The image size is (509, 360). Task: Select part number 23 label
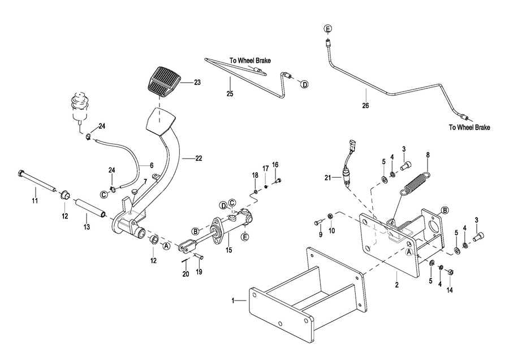pyautogui.click(x=197, y=83)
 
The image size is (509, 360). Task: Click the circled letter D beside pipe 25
pyautogui.click(x=304, y=84)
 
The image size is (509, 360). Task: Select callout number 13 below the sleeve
pyautogui.click(x=87, y=228)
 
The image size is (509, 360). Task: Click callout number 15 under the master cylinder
pyautogui.click(x=229, y=249)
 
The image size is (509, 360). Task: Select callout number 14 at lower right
pyautogui.click(x=450, y=290)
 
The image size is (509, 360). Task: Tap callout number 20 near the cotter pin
pyautogui.click(x=184, y=275)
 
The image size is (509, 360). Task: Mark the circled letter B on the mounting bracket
pyautogui.click(x=445, y=211)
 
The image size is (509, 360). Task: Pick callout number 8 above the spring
pyautogui.click(x=428, y=155)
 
